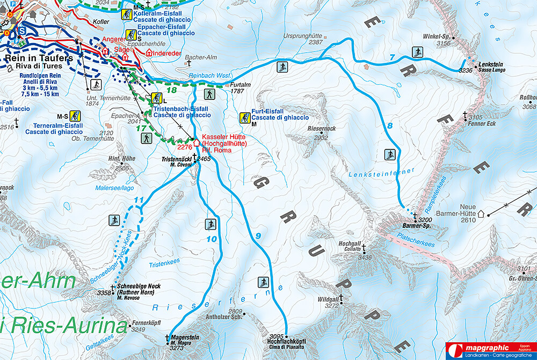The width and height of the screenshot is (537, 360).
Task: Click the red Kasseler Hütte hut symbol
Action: [196, 143]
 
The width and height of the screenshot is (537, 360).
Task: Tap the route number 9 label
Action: [258, 235]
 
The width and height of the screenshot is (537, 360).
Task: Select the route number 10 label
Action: [212, 239]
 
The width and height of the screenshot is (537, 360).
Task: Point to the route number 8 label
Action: [390, 126]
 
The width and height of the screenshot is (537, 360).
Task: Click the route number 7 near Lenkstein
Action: [392, 57]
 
